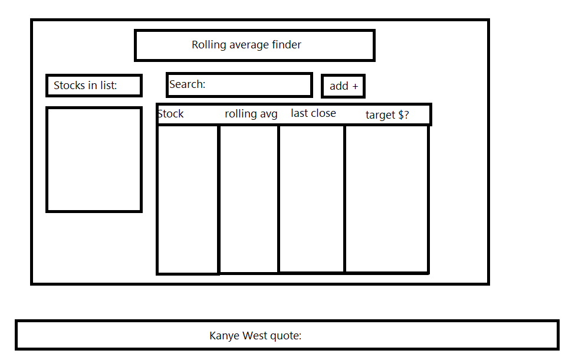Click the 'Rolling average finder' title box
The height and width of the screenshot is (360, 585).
[x=254, y=45]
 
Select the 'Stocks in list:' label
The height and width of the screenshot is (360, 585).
[x=86, y=86]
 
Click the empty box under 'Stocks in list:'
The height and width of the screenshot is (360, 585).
[x=94, y=159]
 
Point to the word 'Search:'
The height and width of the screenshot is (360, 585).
[x=187, y=84]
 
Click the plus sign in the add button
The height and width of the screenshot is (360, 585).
[x=355, y=87]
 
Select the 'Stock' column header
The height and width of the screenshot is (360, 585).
[x=171, y=114]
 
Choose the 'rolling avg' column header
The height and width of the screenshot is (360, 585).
[x=251, y=114]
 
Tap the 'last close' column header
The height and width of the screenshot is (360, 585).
[x=313, y=113]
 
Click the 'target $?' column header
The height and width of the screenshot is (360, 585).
[x=387, y=115]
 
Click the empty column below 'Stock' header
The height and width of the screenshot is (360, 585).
[x=188, y=199]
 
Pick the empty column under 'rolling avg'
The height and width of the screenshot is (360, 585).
[x=249, y=199]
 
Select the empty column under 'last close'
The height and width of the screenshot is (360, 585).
[x=311, y=199]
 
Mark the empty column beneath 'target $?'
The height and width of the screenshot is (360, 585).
[x=386, y=199]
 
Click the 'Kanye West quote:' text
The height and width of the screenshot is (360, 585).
[x=255, y=336]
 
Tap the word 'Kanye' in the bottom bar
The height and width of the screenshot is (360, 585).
[x=223, y=336]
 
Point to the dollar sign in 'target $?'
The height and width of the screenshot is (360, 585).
[x=400, y=115]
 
